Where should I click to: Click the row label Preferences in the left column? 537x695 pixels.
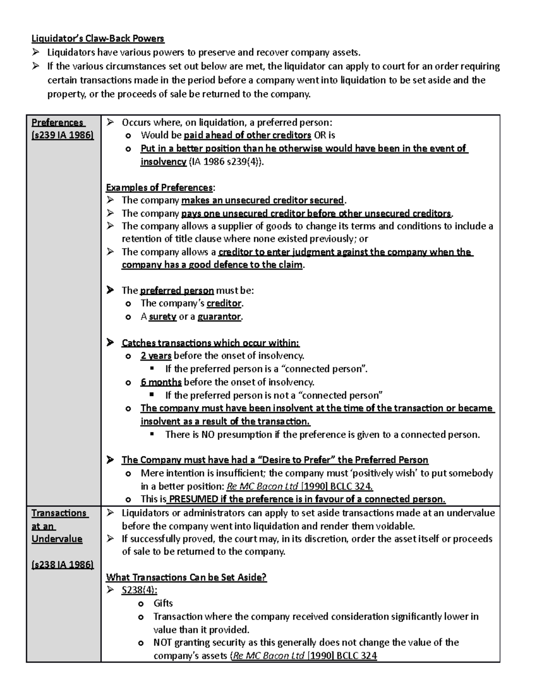point(57,123)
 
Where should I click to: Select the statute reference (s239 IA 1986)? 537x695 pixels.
point(63,135)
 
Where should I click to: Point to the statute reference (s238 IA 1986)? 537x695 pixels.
point(63,565)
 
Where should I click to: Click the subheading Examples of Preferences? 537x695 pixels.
point(160,188)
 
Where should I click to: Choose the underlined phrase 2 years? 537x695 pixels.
point(156,356)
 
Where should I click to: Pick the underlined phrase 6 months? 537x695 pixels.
point(161,382)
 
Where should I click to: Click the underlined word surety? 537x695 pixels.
point(162,317)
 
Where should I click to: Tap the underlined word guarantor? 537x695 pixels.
point(219,317)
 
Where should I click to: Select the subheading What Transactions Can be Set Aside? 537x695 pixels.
point(186,577)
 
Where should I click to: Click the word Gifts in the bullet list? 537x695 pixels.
point(163,603)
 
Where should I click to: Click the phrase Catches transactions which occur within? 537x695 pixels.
point(210,343)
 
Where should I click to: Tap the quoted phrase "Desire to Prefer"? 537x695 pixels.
point(296,460)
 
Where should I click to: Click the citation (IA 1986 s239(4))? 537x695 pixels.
point(226,162)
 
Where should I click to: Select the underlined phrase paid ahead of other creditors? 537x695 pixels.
point(247,135)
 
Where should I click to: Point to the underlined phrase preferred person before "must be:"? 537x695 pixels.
point(177,290)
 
